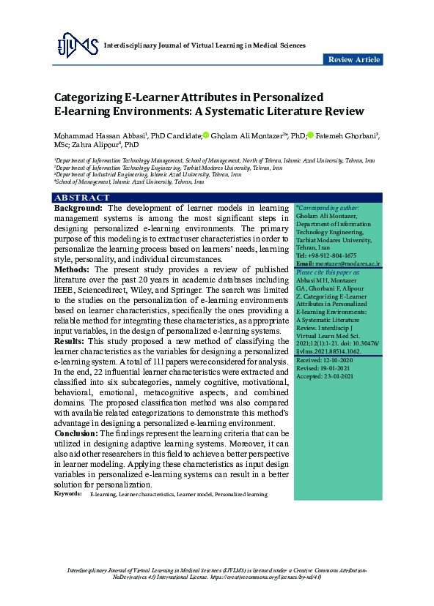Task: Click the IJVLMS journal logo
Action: (x=77, y=46)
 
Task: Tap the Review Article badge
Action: (x=353, y=59)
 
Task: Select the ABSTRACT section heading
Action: (x=82, y=198)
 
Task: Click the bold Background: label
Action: (x=78, y=209)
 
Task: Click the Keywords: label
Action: (x=67, y=495)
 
